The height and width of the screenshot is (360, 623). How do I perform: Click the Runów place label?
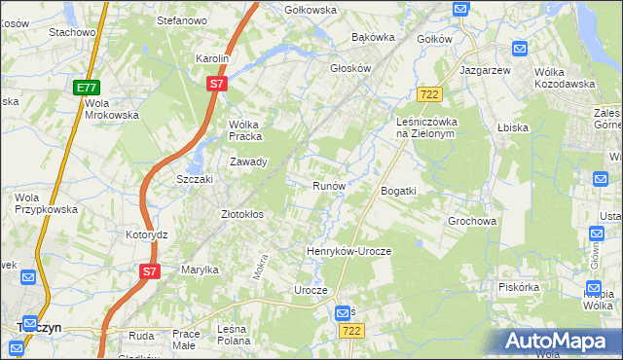click(328, 185)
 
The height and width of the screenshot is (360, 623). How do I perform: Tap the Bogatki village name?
click(398, 191)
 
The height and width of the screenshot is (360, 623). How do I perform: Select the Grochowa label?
click(472, 221)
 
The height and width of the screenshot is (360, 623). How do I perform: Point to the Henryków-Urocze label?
click(348, 251)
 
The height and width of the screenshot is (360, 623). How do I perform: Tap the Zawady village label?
click(248, 162)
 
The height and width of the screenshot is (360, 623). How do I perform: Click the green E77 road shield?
click(85, 88)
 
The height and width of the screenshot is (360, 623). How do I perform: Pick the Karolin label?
click(211, 58)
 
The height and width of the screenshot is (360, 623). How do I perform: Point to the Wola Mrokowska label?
click(111, 108)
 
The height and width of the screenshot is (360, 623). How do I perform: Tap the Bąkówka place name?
click(373, 38)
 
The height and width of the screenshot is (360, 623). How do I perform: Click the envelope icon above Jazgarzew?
click(519, 48)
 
